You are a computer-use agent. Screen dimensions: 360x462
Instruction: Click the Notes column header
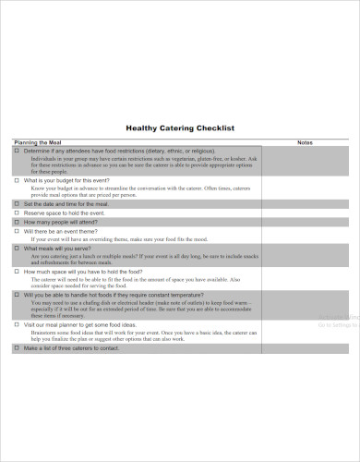pyautogui.click(x=306, y=143)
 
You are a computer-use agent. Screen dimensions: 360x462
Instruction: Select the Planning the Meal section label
pyautogui.click(x=37, y=143)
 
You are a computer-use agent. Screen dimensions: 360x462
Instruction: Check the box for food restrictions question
pyautogui.click(x=17, y=150)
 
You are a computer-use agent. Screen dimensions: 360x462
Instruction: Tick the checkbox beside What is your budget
pyautogui.click(x=17, y=180)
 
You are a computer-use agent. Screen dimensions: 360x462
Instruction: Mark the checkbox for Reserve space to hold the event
pyautogui.click(x=17, y=213)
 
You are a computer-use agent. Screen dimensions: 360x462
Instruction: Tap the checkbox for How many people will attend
pyautogui.click(x=17, y=222)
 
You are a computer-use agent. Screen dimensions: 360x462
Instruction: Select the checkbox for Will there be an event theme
pyautogui.click(x=17, y=231)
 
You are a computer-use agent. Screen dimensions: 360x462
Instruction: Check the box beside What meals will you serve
pyautogui.click(x=17, y=249)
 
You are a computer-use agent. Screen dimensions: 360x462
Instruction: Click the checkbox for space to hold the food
pyautogui.click(x=17, y=272)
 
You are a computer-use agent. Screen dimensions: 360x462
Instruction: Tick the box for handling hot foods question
pyautogui.click(x=17, y=295)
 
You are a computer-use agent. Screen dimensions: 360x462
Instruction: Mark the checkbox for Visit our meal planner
pyautogui.click(x=17, y=324)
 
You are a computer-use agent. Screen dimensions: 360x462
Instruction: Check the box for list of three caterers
pyautogui.click(x=17, y=348)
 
